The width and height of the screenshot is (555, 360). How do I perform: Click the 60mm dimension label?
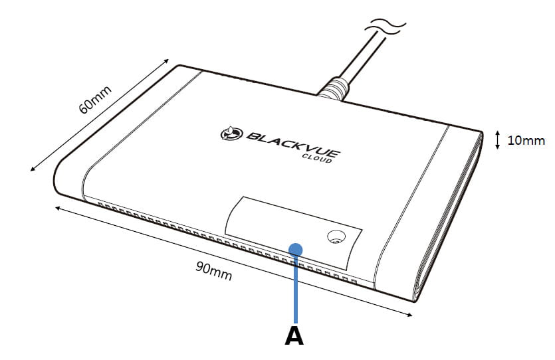click(95, 100)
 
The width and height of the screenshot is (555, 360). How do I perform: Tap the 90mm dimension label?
click(214, 270)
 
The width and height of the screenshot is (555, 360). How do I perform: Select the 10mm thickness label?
click(526, 140)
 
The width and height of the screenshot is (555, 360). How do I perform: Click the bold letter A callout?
click(294, 336)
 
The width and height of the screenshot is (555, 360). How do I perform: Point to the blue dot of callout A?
click(295, 250)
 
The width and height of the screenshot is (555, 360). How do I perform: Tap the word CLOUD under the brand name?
click(317, 159)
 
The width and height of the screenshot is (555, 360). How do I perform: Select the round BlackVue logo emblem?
click(232, 134)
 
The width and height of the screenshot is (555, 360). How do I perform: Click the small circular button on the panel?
click(336, 236)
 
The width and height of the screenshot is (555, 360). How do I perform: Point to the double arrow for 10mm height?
click(497, 139)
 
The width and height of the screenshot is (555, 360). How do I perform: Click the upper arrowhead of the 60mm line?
click(166, 61)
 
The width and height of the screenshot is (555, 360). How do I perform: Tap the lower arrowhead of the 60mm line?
click(33, 169)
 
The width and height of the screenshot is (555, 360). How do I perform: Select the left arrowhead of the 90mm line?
click(58, 209)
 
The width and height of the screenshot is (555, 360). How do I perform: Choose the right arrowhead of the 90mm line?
click(409, 314)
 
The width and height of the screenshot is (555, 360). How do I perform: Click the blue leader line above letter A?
click(296, 289)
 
